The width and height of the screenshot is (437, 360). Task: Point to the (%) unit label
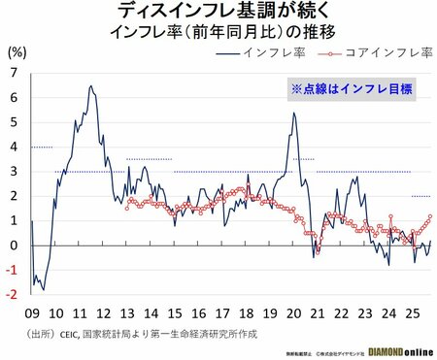pyautogui.click(x=17, y=52)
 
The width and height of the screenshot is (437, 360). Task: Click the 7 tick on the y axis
pyautogui.click(x=13, y=73)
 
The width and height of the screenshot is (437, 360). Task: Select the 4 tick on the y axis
pyautogui.click(x=13, y=147)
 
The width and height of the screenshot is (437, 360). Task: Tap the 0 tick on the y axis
pyautogui.click(x=13, y=245)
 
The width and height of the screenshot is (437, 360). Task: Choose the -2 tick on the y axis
pyautogui.click(x=12, y=295)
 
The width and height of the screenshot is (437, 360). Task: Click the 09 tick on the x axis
pyautogui.click(x=32, y=313)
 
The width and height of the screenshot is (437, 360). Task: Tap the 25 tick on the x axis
pyautogui.click(x=411, y=313)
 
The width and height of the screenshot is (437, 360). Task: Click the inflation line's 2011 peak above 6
pyautogui.click(x=90, y=86)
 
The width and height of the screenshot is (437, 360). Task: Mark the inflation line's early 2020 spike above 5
pyautogui.click(x=294, y=113)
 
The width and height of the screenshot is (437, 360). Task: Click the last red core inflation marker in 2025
pyautogui.click(x=430, y=216)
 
